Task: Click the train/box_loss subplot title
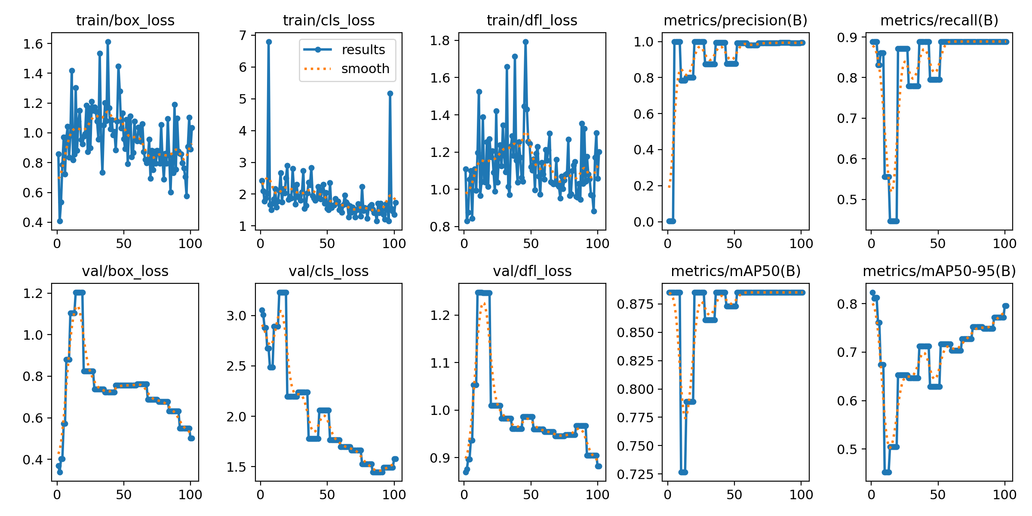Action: (125, 20)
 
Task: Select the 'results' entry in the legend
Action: (363, 50)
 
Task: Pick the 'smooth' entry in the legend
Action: (365, 69)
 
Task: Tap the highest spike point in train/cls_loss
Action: (269, 42)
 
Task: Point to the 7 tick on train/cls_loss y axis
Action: (243, 35)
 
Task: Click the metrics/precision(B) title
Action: (735, 20)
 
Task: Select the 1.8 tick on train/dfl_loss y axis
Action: (439, 40)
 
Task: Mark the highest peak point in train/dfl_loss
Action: (525, 42)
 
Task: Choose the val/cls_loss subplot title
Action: (329, 271)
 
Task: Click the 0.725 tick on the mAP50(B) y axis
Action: (635, 474)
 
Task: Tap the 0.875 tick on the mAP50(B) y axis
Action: (635, 304)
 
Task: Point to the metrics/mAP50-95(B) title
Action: (939, 271)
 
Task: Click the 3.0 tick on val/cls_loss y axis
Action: (236, 316)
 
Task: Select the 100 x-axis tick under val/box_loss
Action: (190, 494)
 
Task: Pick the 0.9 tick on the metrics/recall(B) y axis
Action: (847, 38)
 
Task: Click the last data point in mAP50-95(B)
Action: (1006, 306)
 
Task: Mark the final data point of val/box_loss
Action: (192, 438)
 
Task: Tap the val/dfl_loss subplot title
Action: (532, 271)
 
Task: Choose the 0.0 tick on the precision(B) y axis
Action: (643, 222)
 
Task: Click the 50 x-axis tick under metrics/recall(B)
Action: (937, 244)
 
